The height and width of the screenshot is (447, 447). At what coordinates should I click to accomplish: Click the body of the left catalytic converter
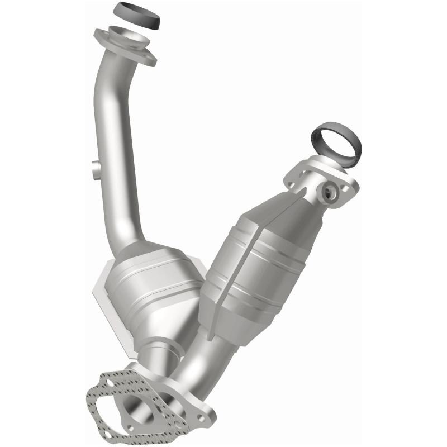[151, 296]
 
